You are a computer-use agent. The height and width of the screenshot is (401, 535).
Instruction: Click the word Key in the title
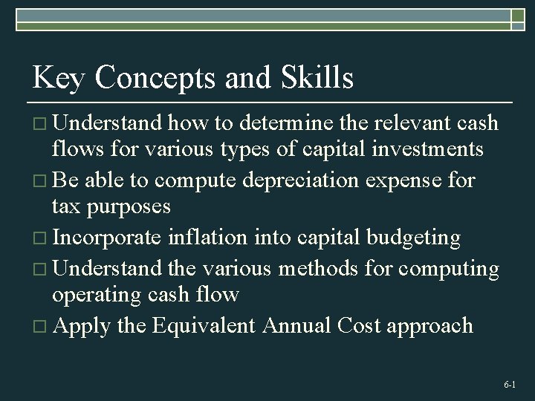pos(59,78)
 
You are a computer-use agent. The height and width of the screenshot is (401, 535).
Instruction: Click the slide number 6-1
pos(509,385)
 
